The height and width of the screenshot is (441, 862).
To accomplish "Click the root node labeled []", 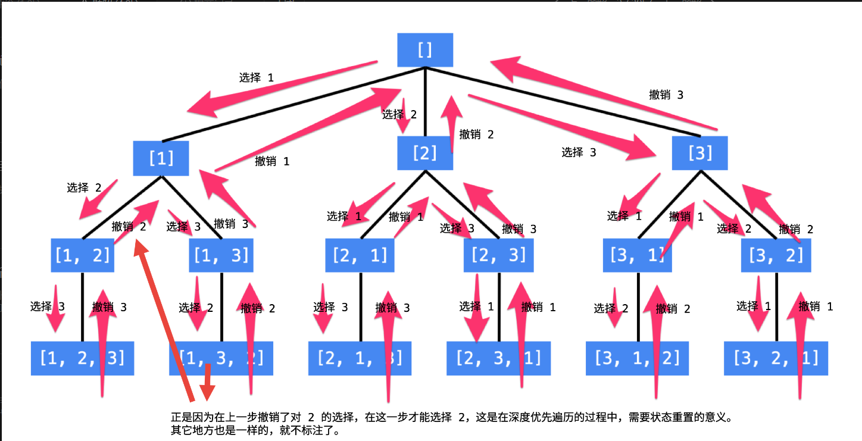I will coord(425,49).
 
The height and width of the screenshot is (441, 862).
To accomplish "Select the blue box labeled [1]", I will coord(161,158).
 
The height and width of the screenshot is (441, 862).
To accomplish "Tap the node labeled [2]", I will coord(425,154).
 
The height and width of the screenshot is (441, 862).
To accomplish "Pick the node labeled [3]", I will coord(700,154).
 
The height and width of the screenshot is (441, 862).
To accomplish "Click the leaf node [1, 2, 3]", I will coord(82,358).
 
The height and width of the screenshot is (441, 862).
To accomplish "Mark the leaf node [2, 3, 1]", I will coord(498,358).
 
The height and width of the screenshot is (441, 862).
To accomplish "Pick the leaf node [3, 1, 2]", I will coord(637,358).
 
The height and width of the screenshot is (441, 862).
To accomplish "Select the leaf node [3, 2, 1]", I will coord(776,358).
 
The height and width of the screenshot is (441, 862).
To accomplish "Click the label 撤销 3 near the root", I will coord(666,95).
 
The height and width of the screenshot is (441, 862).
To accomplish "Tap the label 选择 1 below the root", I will coord(257,77).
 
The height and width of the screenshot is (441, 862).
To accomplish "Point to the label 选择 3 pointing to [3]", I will coord(579,152).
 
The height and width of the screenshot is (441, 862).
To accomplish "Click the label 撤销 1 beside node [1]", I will coord(272,161).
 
